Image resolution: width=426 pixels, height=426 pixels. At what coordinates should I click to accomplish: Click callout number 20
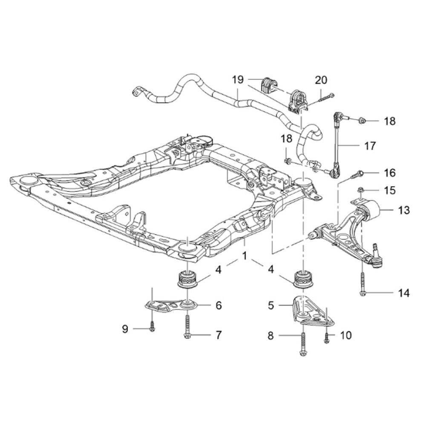pyautogui.click(x=321, y=80)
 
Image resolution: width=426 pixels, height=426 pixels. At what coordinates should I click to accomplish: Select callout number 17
pyautogui.click(x=370, y=146)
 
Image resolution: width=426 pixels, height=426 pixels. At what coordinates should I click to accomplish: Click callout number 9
pyautogui.click(x=125, y=329)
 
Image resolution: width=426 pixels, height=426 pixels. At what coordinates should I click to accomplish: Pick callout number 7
pyautogui.click(x=218, y=335)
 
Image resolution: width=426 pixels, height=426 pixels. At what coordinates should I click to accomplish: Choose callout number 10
pyautogui.click(x=346, y=336)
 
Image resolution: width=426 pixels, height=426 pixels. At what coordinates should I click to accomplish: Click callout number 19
pyautogui.click(x=238, y=80)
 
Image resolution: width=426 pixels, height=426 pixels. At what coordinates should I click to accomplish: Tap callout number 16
pyautogui.click(x=389, y=173)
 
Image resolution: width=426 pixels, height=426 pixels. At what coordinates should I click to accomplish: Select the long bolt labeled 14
pyautogui.click(x=362, y=283)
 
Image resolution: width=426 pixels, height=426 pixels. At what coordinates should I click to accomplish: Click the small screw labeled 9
pyautogui.click(x=152, y=327)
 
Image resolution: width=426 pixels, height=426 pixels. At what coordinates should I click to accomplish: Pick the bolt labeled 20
pyautogui.click(x=326, y=98)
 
